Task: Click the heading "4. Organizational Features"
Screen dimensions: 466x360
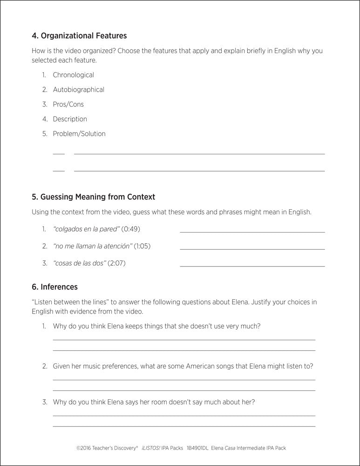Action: point(79,35)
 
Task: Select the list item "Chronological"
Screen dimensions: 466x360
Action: point(73,75)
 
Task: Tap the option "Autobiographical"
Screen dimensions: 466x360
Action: point(78,89)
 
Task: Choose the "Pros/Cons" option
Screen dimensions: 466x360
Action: point(68,104)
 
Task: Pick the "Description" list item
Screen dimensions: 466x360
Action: point(70,119)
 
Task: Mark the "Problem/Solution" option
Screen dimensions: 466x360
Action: point(79,134)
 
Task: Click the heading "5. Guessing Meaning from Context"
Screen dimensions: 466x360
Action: point(93,197)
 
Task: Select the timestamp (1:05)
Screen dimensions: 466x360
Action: point(143,246)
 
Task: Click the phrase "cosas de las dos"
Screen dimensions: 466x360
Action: point(80,263)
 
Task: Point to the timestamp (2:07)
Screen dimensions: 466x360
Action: point(117,263)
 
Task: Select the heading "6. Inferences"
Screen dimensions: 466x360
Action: point(54,287)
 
